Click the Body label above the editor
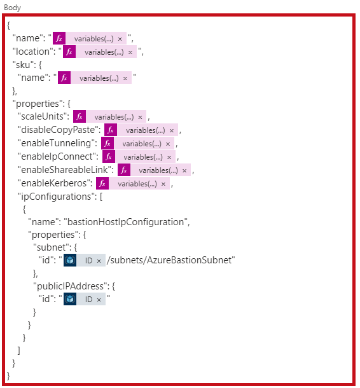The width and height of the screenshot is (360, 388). coord(12,8)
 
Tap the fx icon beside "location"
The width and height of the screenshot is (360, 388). coord(69,52)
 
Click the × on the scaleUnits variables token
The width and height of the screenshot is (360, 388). coord(140,117)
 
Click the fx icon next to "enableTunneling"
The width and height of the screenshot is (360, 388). coord(107,143)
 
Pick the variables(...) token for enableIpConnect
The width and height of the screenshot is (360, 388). coord(146,157)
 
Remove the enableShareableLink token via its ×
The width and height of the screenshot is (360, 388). coord(184,170)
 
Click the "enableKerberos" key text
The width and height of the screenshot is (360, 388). coord(55,183)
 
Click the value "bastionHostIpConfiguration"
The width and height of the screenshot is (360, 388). coord(125,222)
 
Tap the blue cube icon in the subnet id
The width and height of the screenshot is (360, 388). coord(70,260)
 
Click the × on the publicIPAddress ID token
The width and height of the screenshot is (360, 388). coord(99,300)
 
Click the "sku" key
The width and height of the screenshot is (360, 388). coord(22,65)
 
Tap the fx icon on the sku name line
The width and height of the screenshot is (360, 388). coord(64,78)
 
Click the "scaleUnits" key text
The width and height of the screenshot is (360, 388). coord(43,116)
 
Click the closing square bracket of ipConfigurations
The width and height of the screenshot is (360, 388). coord(18,350)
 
